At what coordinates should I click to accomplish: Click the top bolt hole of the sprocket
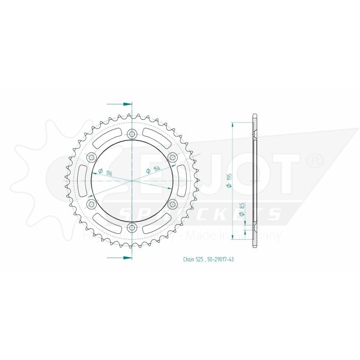(x=132, y=135)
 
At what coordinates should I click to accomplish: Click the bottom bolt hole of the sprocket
(x=132, y=227)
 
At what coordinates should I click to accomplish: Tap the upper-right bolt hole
(x=172, y=157)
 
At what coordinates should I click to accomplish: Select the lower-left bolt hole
(x=92, y=204)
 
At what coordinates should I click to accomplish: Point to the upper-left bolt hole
(x=92, y=157)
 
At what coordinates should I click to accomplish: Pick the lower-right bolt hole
(x=172, y=204)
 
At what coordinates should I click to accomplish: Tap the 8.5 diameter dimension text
(x=241, y=209)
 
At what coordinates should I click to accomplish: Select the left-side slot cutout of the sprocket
(x=83, y=181)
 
